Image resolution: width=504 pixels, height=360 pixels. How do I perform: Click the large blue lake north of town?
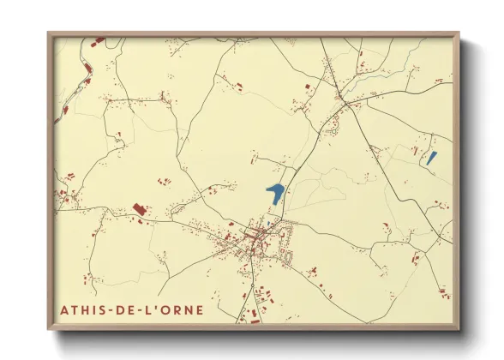(275, 193)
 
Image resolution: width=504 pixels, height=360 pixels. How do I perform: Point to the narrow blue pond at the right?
(432, 158)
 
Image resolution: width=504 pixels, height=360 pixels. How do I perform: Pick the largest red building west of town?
(140, 210)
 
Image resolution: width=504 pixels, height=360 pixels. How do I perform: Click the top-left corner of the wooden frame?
(48, 33)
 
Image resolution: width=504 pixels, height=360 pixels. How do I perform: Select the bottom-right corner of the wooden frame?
(459, 329)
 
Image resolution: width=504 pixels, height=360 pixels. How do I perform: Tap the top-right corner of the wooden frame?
(459, 33)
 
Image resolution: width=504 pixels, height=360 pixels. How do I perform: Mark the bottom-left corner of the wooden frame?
(48, 329)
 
